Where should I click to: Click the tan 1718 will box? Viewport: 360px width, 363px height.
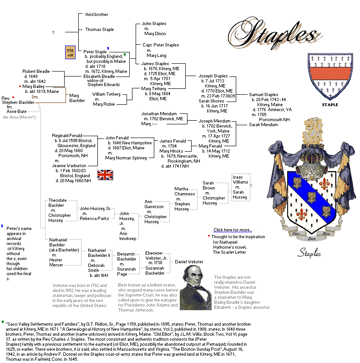70,52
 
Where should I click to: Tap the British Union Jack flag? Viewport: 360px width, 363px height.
106,174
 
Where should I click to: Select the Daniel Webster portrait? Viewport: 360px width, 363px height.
195,287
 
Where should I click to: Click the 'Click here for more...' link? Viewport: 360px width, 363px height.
233,230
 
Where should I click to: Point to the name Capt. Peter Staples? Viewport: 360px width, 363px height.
160,45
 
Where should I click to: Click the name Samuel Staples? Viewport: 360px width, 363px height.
264,94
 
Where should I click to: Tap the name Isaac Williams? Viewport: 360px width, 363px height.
240,179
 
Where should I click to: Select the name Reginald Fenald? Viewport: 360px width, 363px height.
67,136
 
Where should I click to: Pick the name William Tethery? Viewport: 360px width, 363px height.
106,94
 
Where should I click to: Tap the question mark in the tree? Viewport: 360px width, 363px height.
53,33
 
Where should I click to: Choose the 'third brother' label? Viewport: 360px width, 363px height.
96,15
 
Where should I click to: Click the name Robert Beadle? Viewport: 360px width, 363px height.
36,72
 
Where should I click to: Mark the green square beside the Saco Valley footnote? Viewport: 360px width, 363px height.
3,322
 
